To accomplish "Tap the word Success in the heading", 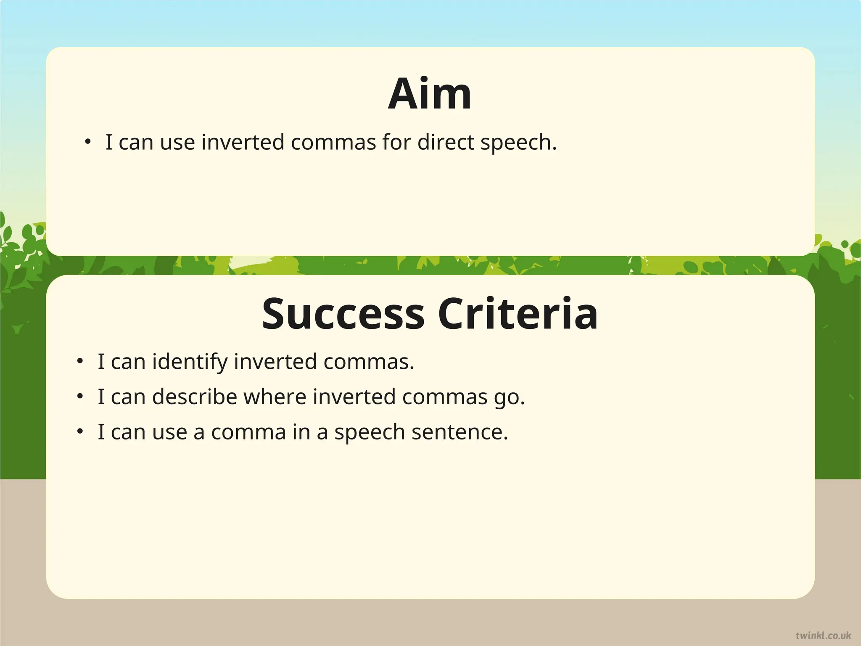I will click(343, 314).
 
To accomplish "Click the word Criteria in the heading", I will click(518, 314).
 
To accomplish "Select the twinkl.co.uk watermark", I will click(823, 635).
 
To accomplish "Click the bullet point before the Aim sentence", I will click(87, 142).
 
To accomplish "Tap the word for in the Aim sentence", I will click(397, 142).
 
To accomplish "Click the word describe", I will click(195, 397).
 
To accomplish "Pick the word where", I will click(275, 397).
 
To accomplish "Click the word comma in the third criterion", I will click(248, 432).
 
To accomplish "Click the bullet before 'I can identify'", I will click(80, 362).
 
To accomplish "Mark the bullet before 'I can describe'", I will click(80, 397).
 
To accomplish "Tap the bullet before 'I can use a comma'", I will click(80, 432).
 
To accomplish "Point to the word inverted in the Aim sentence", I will click(243, 142).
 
